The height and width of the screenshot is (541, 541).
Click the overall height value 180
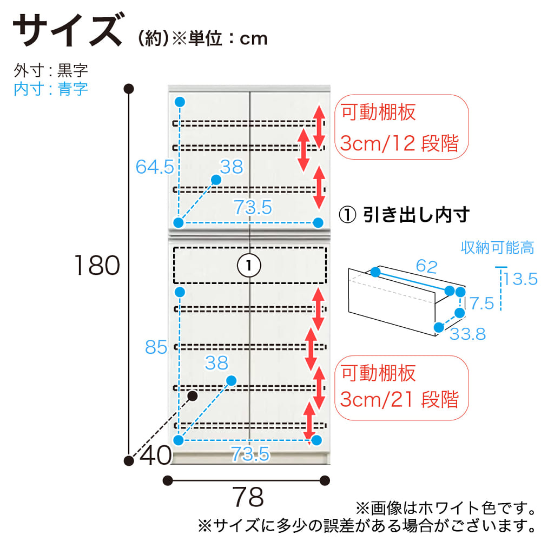97,265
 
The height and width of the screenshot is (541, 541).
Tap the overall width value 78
248,497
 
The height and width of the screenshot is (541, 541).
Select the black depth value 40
156,456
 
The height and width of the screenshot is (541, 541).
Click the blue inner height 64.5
155,167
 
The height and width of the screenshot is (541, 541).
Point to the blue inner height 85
156,347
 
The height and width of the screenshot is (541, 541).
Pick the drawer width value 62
427,266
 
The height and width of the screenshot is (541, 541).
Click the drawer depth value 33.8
468,334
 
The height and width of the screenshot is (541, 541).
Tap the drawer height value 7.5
482,304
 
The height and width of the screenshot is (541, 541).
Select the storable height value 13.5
520,279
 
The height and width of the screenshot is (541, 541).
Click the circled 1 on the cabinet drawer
249,265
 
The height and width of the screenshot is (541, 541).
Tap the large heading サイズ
68,30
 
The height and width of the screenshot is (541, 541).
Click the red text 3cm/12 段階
400,143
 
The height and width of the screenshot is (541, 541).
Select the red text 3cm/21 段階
400,399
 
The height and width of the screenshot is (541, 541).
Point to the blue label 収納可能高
498,248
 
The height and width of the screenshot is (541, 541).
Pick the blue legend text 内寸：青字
51,89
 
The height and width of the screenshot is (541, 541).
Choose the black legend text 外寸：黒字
51,70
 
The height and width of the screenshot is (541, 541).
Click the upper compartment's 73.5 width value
253,207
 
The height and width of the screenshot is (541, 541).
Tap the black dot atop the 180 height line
129,89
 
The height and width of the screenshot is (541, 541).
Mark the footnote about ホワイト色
446,508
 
